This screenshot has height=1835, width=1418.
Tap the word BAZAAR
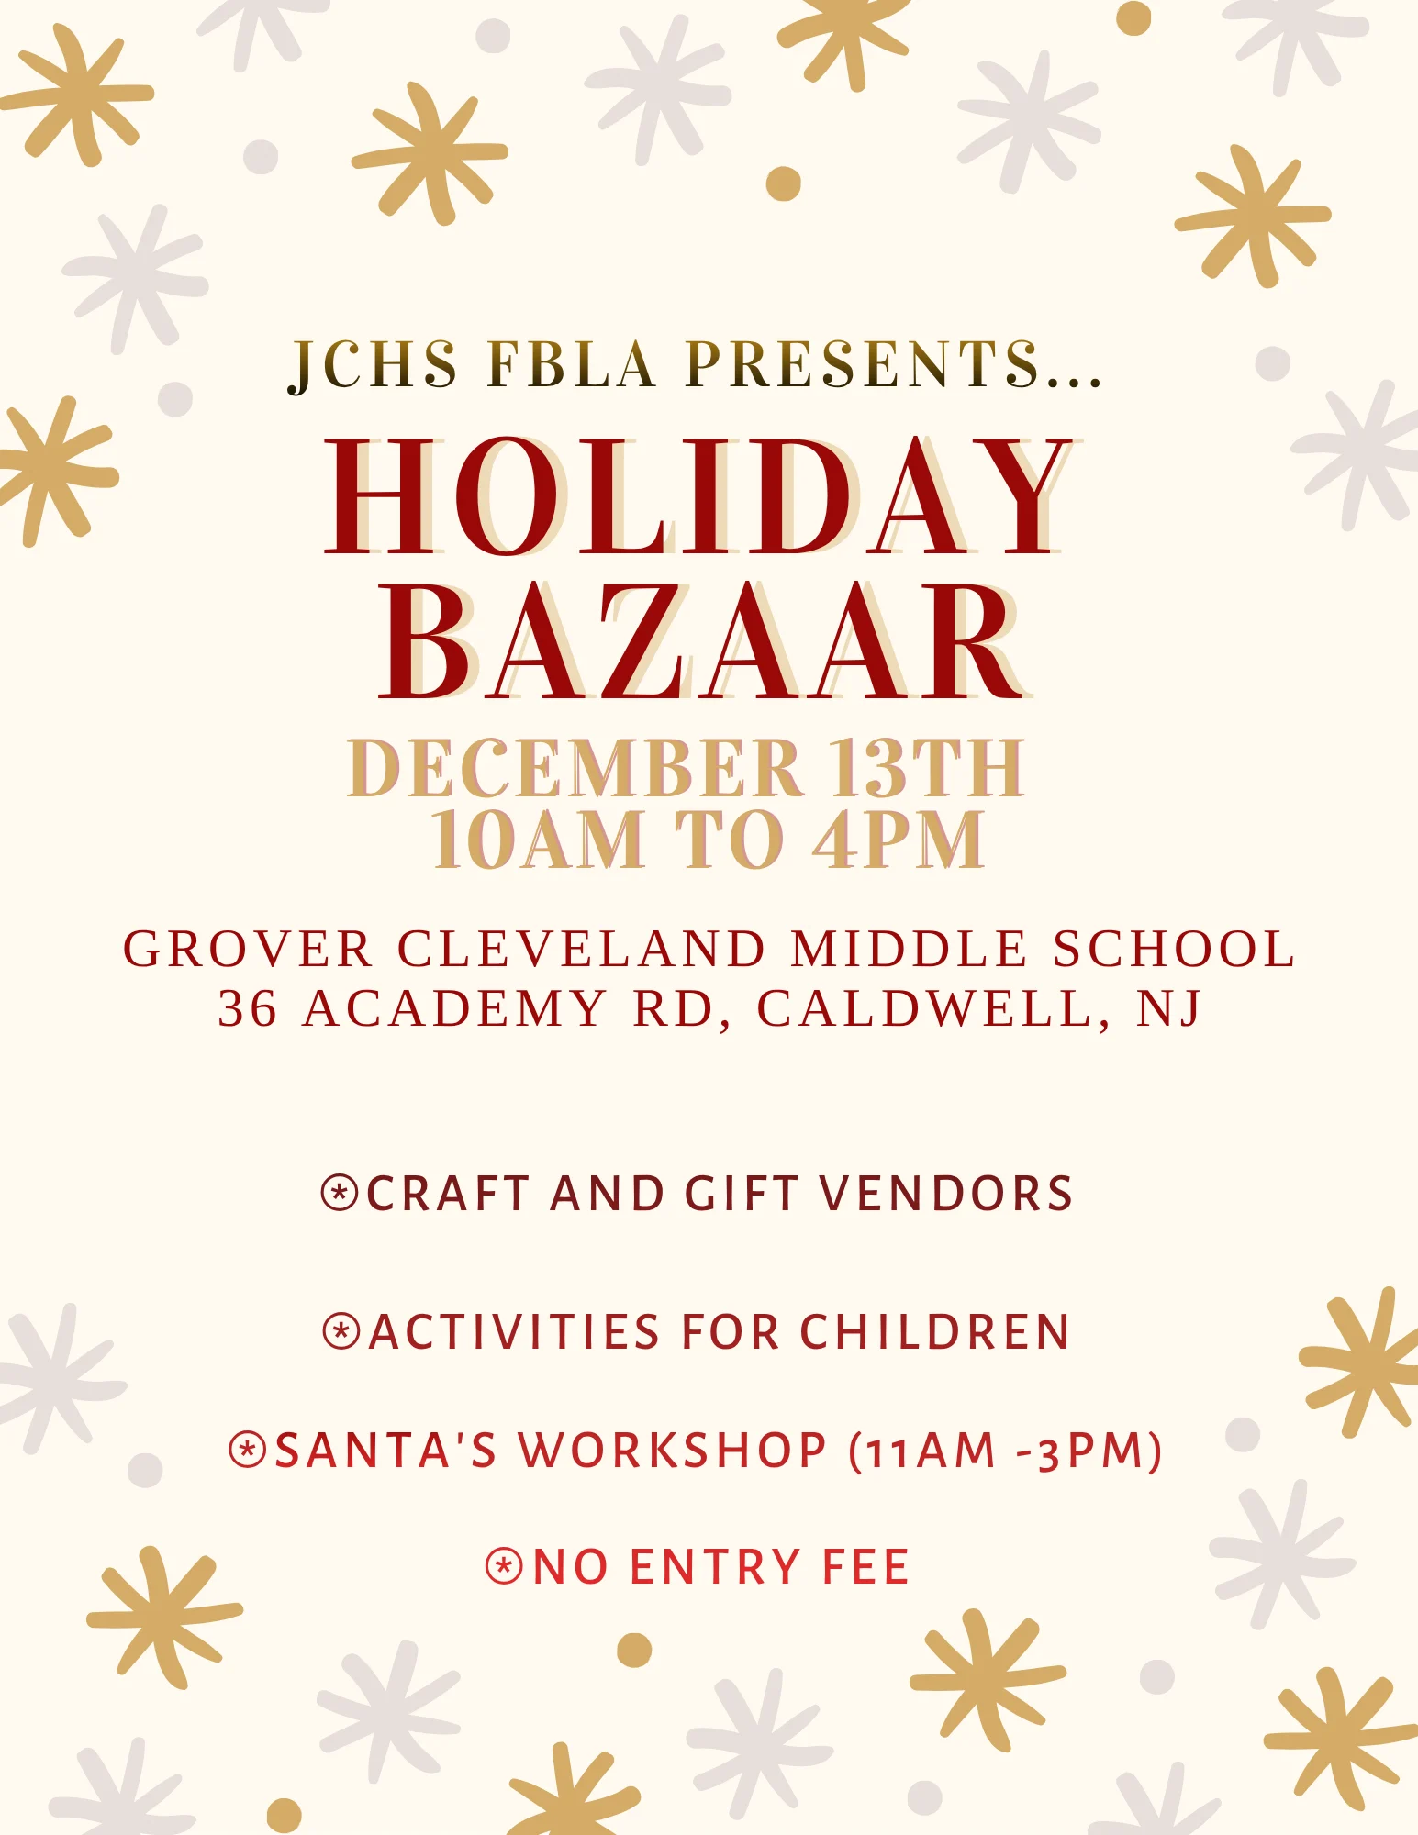point(705,641)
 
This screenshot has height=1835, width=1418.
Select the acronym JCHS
point(373,365)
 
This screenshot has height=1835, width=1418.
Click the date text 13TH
point(927,767)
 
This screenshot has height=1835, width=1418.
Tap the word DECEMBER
point(575,767)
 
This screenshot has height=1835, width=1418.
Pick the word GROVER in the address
point(248,949)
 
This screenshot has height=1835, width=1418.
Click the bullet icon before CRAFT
point(340,1193)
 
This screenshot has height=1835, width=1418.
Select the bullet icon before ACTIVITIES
point(341,1331)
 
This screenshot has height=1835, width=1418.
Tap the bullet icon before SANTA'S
point(248,1451)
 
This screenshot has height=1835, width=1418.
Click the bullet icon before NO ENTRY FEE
point(504,1566)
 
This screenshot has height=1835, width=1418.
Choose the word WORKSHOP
point(673,1451)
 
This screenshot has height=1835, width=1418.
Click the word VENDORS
point(945,1193)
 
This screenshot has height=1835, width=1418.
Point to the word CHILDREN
point(934,1331)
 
